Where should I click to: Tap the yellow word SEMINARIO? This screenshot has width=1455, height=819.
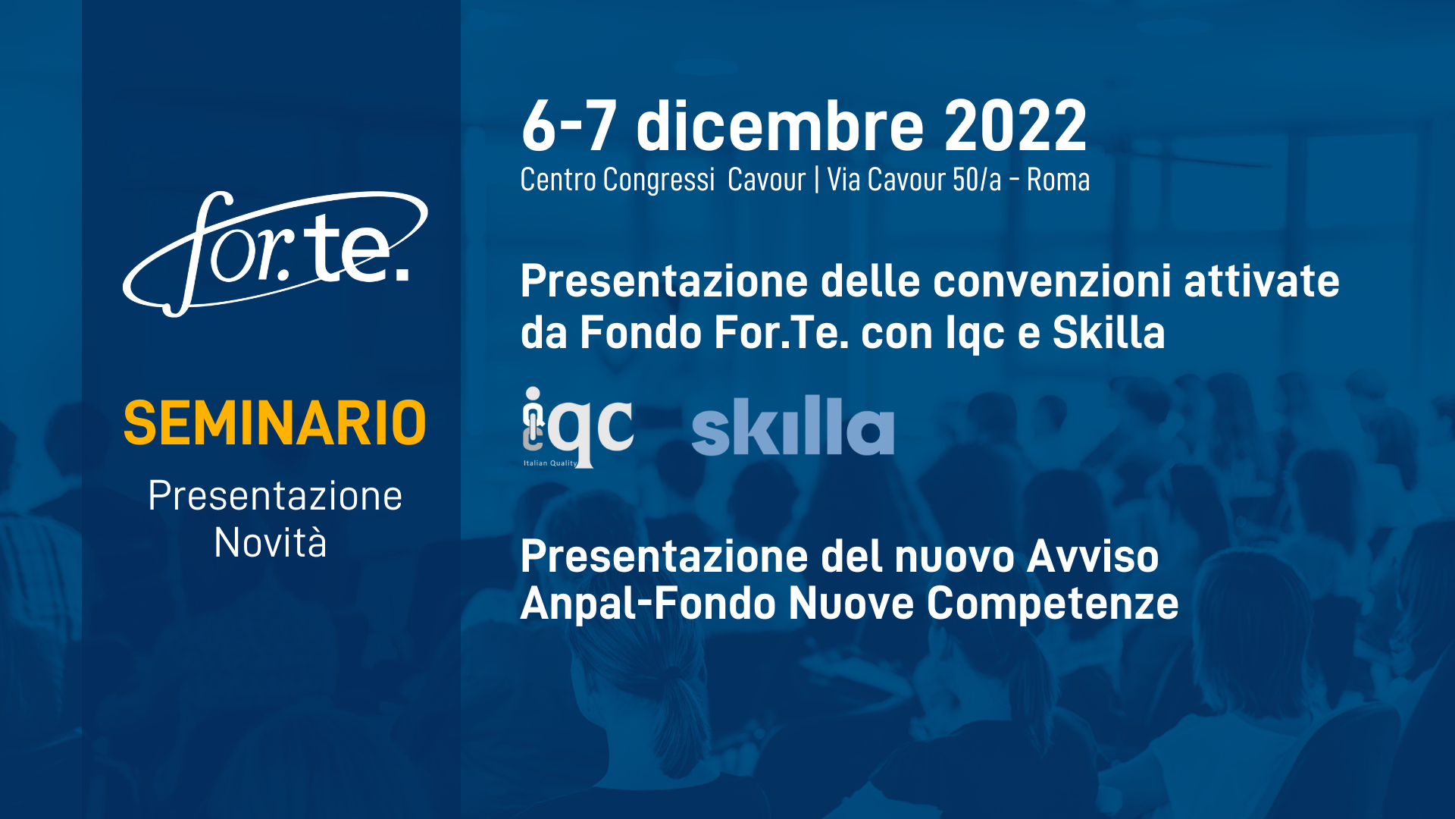pos(275,423)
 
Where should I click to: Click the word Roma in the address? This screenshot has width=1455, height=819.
pos(1058,180)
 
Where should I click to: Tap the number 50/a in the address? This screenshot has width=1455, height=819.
pos(977,180)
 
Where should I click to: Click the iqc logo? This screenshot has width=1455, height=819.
pos(577,427)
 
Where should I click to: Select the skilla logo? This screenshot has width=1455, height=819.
pos(793,425)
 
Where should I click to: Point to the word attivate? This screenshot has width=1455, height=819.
pos(1262,281)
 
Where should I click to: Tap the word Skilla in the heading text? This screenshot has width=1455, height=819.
pos(1109,332)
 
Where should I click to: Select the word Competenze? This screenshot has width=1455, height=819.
pos(1053,604)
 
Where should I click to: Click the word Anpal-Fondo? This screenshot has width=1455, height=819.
pos(649,604)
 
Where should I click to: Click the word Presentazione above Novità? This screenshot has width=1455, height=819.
pos(275,496)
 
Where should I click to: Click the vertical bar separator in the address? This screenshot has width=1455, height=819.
pos(816,180)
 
